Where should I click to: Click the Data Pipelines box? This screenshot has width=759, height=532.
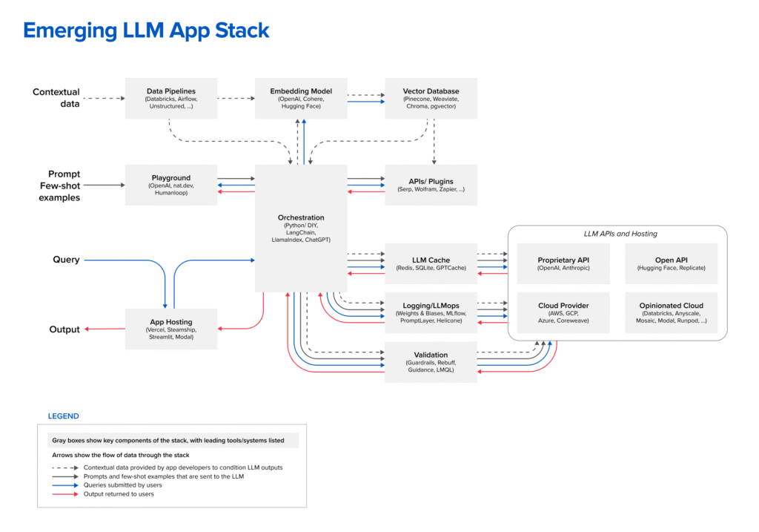171,98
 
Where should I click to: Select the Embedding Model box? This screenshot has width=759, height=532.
301,98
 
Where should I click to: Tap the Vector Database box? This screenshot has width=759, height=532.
431,98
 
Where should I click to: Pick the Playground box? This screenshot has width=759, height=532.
171,185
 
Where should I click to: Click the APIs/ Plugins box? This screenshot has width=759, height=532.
431,185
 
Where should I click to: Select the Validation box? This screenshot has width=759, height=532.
431,362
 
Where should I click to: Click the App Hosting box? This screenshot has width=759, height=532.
171,329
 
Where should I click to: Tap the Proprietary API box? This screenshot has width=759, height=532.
563,263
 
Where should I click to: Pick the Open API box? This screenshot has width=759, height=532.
672,263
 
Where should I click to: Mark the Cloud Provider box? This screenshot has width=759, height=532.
563,312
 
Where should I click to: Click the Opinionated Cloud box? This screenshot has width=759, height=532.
672,312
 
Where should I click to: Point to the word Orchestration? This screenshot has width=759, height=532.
301,217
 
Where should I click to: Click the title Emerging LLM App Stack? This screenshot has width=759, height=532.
146,30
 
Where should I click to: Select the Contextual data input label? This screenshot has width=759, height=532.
56,98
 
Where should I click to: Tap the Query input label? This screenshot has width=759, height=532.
66,260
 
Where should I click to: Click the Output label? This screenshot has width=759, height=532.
64,329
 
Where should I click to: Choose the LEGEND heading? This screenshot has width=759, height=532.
63,416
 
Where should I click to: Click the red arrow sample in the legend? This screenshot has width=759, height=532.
64,493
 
